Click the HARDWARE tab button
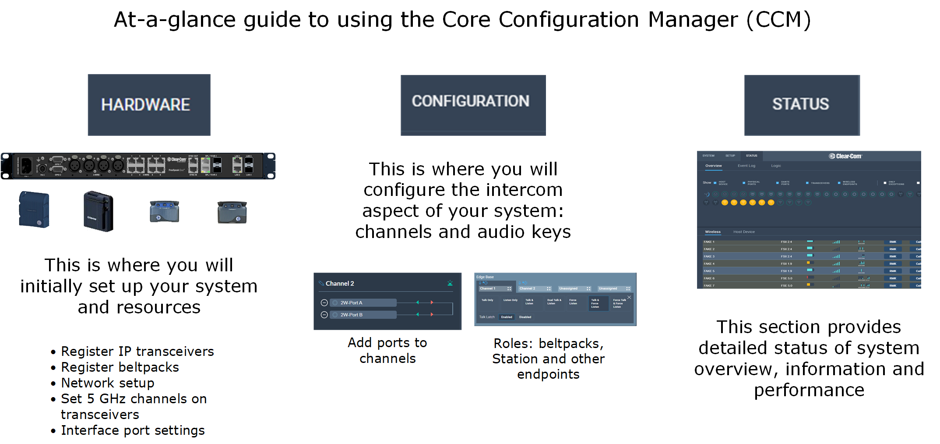149,105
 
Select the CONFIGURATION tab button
473,105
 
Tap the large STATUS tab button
802,105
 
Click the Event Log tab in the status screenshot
746,166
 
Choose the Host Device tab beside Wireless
744,232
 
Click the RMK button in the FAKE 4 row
892,264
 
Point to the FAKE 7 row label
709,286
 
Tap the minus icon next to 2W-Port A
324,303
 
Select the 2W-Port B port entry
363,315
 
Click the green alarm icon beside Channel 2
450,283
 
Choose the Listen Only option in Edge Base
510,300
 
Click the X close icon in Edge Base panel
629,297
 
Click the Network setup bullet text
107,383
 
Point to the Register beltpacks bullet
120,367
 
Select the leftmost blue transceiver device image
34,210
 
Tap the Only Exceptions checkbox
884,183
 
